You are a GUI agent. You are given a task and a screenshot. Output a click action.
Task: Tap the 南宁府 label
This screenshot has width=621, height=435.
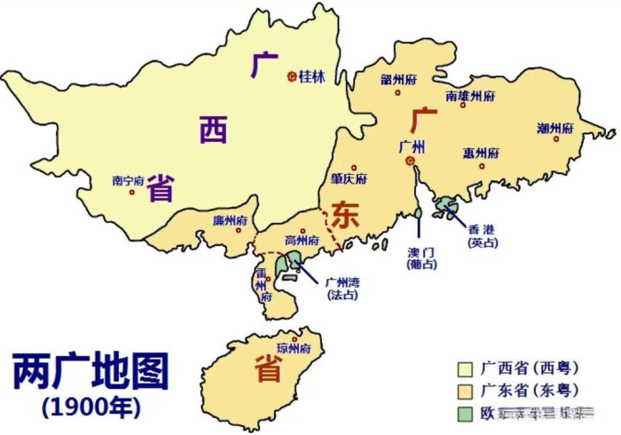click(x=128, y=180)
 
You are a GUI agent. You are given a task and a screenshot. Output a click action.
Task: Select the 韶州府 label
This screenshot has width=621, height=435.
click(x=398, y=80)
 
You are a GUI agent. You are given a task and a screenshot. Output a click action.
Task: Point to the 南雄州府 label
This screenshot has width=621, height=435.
click(x=469, y=95)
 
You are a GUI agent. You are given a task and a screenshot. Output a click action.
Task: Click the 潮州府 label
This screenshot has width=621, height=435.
click(x=555, y=129)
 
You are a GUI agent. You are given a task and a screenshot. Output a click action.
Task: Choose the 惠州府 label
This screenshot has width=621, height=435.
click(x=480, y=153)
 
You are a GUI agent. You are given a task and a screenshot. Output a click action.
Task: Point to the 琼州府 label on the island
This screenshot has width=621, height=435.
click(x=295, y=348)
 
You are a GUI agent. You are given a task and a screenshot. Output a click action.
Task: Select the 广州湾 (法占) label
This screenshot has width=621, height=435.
click(x=342, y=288)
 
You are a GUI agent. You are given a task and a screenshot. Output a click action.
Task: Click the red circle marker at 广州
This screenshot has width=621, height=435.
click(x=410, y=162)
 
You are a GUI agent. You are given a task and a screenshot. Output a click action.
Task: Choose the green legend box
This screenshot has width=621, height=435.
click(x=463, y=413)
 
